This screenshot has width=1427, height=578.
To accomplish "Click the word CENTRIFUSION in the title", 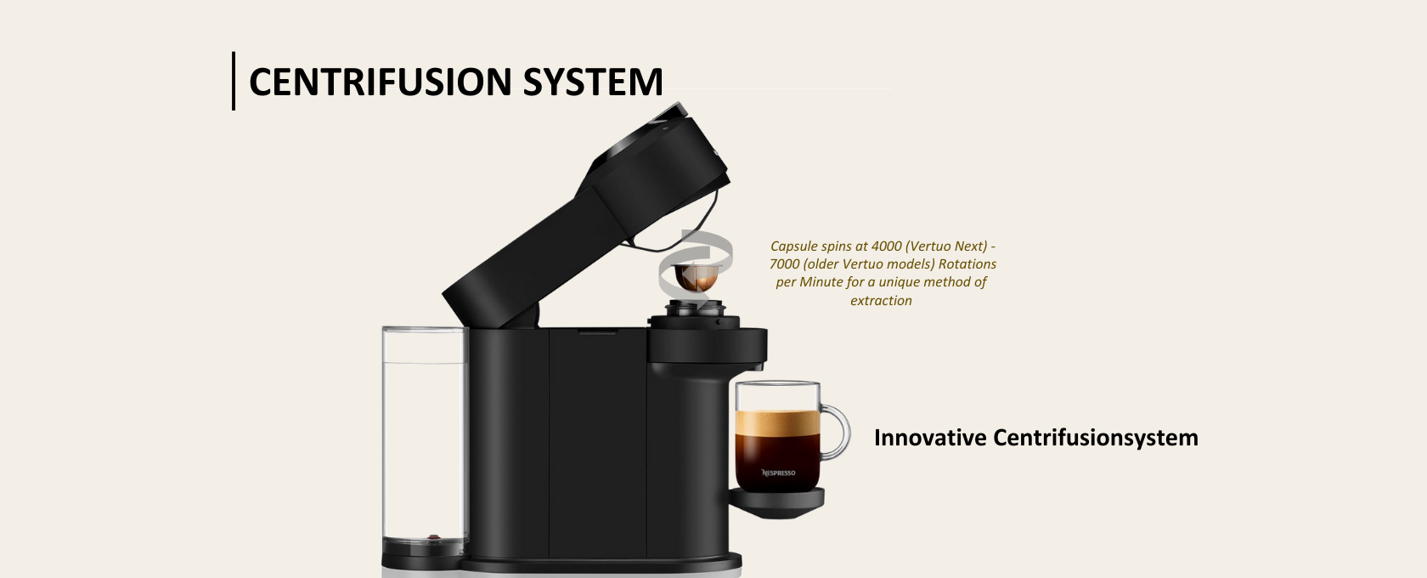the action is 381,82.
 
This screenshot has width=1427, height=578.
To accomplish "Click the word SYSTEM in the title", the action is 593,82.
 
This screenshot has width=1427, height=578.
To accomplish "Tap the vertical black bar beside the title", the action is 234,81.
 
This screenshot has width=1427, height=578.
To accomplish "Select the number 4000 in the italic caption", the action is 886,246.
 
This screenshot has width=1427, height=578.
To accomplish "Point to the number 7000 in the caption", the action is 784,263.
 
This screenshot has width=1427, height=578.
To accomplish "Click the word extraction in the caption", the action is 881,300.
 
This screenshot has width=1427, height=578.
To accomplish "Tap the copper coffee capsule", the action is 697,277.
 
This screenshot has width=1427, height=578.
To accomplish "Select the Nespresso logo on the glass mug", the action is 778,473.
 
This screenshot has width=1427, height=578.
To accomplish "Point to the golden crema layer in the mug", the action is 777,422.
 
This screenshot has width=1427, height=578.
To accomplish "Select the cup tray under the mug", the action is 776,501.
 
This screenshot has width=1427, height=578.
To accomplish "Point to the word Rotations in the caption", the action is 967,263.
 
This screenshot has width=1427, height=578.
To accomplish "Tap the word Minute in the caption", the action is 821,282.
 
